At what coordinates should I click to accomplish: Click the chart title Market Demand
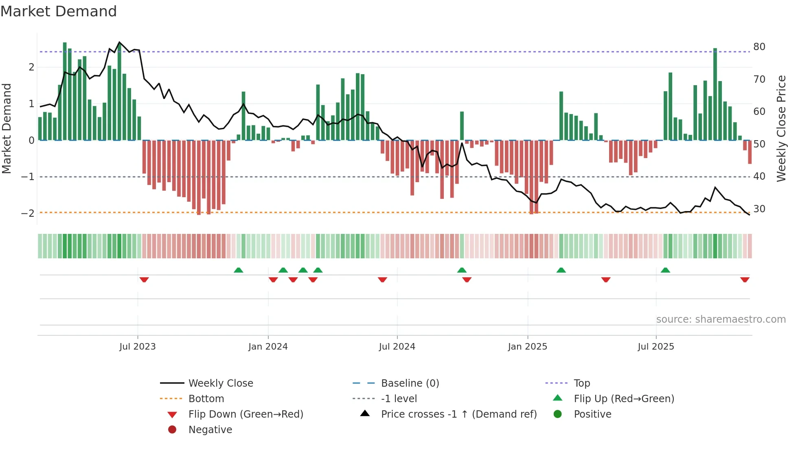click(59, 11)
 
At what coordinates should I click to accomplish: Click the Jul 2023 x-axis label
click(138, 346)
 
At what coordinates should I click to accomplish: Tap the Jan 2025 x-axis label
click(527, 346)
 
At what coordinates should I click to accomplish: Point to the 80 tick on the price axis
click(759, 46)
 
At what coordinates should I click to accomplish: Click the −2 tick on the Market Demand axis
click(28, 213)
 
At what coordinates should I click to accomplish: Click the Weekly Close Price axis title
click(781, 128)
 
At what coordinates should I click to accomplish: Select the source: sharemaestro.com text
click(721, 319)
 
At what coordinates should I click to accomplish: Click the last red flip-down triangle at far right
click(745, 280)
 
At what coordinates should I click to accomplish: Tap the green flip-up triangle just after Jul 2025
click(665, 270)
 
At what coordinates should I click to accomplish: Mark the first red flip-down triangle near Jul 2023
click(144, 280)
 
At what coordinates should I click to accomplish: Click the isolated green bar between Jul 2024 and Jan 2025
click(462, 125)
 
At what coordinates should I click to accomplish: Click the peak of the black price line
click(119, 42)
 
